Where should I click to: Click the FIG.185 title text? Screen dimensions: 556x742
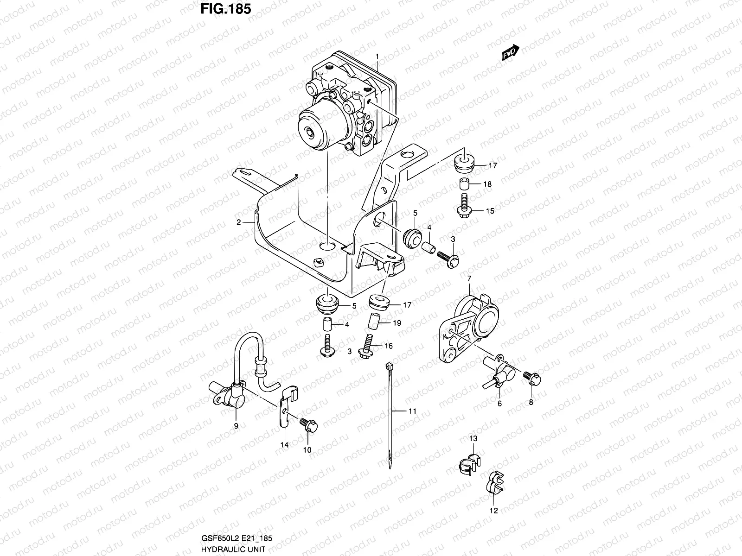tap(226, 9)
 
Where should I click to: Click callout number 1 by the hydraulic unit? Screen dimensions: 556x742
tap(377, 57)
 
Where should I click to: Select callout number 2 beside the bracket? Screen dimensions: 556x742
tap(238, 222)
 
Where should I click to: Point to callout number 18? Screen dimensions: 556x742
tap(487, 184)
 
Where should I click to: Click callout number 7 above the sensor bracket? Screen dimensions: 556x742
tap(469, 278)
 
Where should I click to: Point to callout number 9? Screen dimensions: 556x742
tap(236, 425)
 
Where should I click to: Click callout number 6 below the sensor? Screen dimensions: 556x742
tap(499, 404)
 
